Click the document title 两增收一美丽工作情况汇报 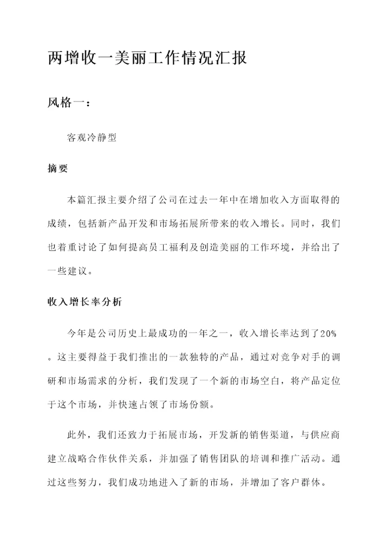coord(147,58)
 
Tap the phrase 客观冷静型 coord(92,138)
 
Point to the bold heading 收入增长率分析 coord(84,303)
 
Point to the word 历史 coord(134,332)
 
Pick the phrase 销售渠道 coord(255,435)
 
